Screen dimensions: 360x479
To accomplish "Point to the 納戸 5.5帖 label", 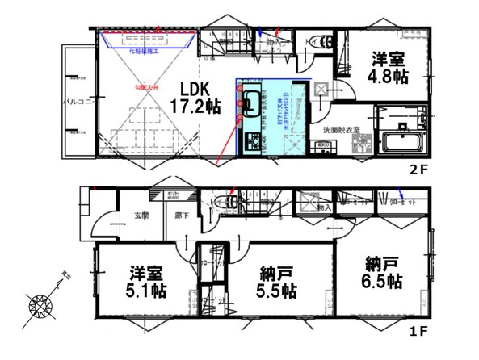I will tap(276, 282).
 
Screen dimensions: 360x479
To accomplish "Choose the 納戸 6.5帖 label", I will tap(383, 273).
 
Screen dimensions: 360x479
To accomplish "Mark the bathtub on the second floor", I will tap(401, 144).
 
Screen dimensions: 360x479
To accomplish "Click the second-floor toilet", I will tap(321, 41).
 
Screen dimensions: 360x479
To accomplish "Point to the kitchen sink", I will tap(249, 103).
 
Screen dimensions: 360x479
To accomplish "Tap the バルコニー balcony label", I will tap(80, 103).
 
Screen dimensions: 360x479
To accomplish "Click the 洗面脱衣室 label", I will tap(342, 130).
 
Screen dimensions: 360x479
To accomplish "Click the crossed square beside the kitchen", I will tap(321, 89).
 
